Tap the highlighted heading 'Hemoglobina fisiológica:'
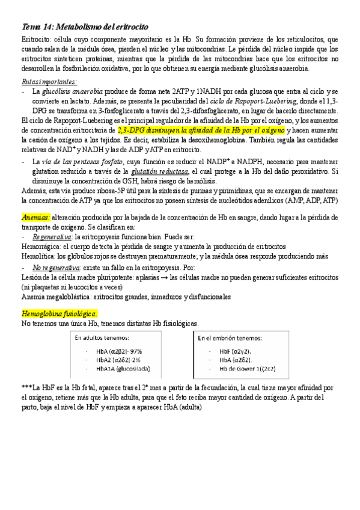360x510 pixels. click(59, 314)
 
